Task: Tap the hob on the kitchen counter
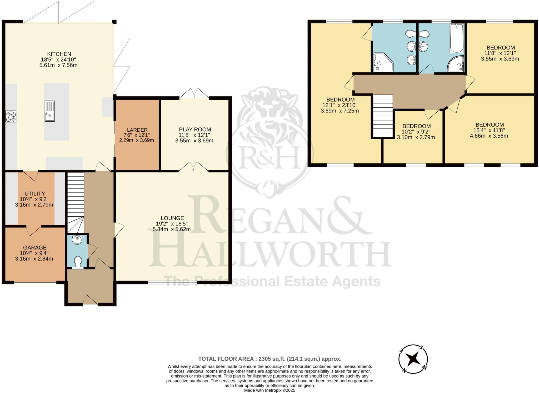(11, 116)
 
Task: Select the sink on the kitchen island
(50, 111)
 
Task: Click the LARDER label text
(137, 130)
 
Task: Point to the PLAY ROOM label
(195, 130)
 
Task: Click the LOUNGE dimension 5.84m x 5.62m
(172, 229)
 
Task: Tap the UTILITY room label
(35, 193)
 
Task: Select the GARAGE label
(35, 247)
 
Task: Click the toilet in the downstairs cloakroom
(78, 262)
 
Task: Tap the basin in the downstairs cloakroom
(77, 240)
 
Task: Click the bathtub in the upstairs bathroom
(457, 38)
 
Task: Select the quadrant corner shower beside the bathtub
(456, 64)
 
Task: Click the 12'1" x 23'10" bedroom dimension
(340, 105)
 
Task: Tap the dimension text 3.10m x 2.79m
(416, 137)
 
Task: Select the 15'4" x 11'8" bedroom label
(489, 130)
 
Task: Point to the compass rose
(413, 359)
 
